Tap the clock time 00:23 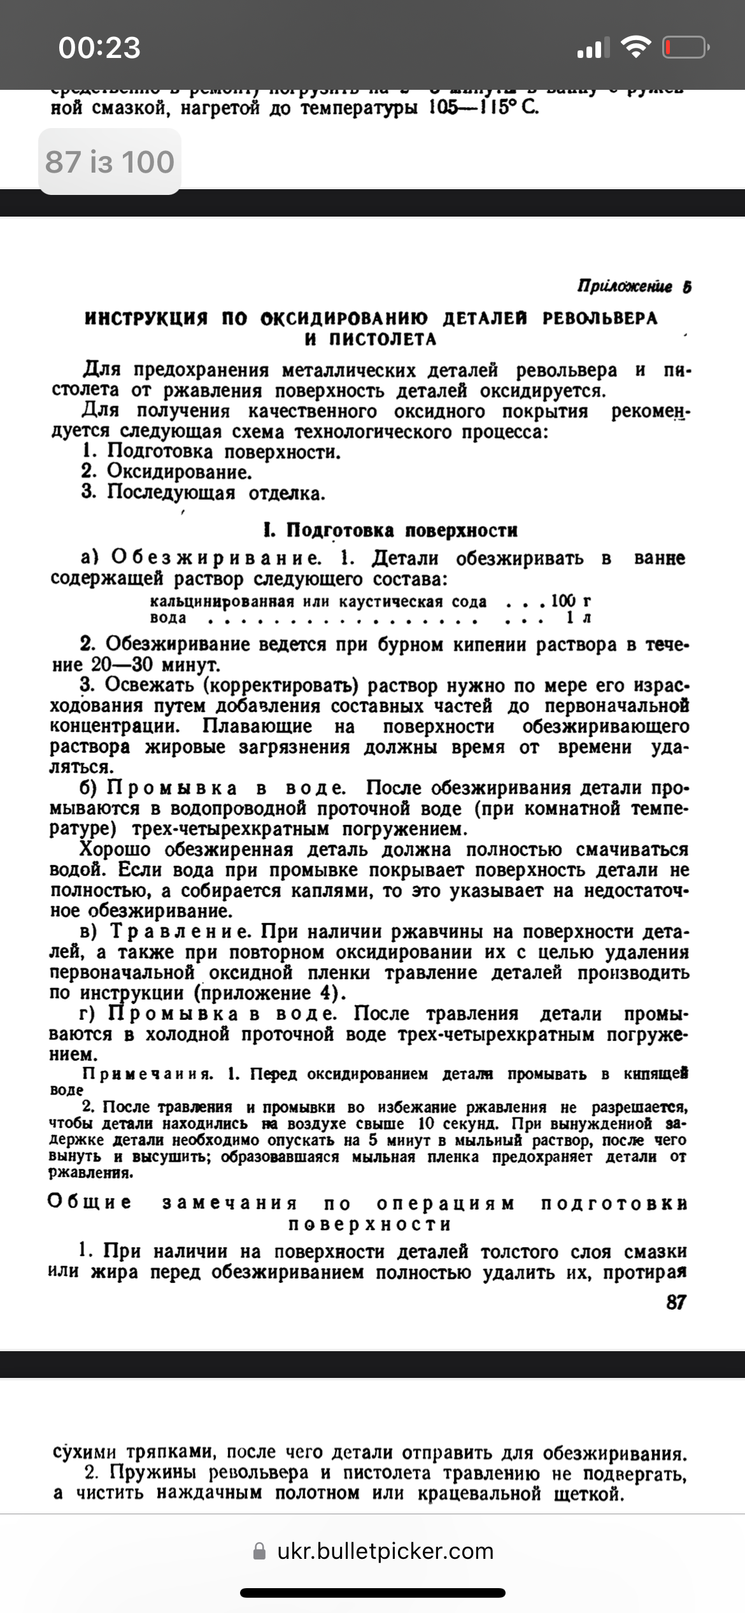(x=99, y=48)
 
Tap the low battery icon (x=686, y=47)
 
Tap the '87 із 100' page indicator (x=110, y=162)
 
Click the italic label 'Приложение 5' (x=634, y=287)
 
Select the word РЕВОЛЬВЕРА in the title (x=599, y=318)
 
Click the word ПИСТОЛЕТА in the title (x=383, y=339)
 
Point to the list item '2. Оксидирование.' (x=167, y=472)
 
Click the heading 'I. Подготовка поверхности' (x=390, y=530)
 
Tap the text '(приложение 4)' (x=270, y=993)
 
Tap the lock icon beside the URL (x=259, y=1551)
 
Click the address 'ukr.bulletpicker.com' (x=385, y=1551)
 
